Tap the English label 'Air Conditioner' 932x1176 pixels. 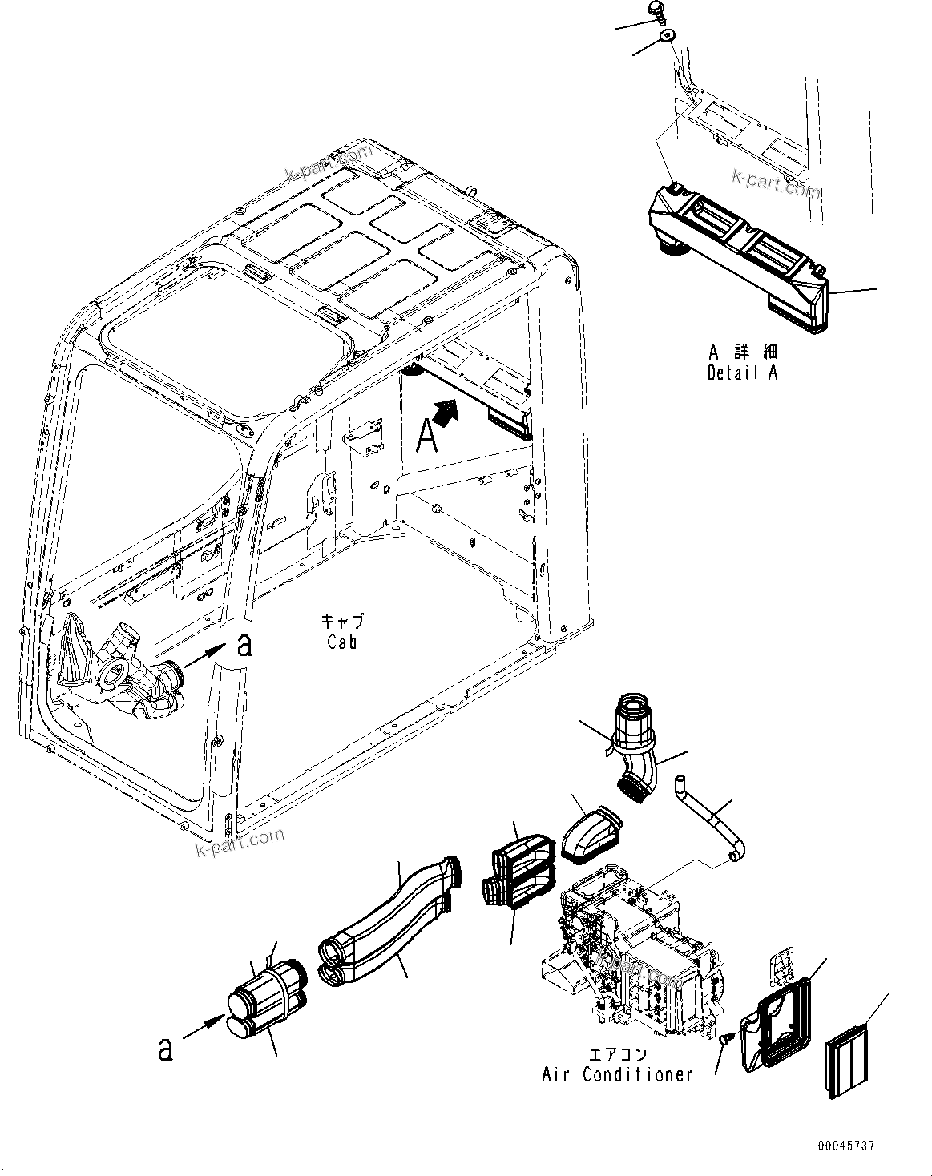tap(617, 1074)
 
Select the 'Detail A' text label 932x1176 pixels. tap(742, 373)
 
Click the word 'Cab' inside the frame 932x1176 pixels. tap(341, 641)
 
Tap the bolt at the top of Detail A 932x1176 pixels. tap(656, 13)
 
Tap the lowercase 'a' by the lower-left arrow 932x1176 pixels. tap(165, 1049)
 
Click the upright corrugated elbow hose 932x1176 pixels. tap(636, 741)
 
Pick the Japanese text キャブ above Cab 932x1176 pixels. tap(342, 621)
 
